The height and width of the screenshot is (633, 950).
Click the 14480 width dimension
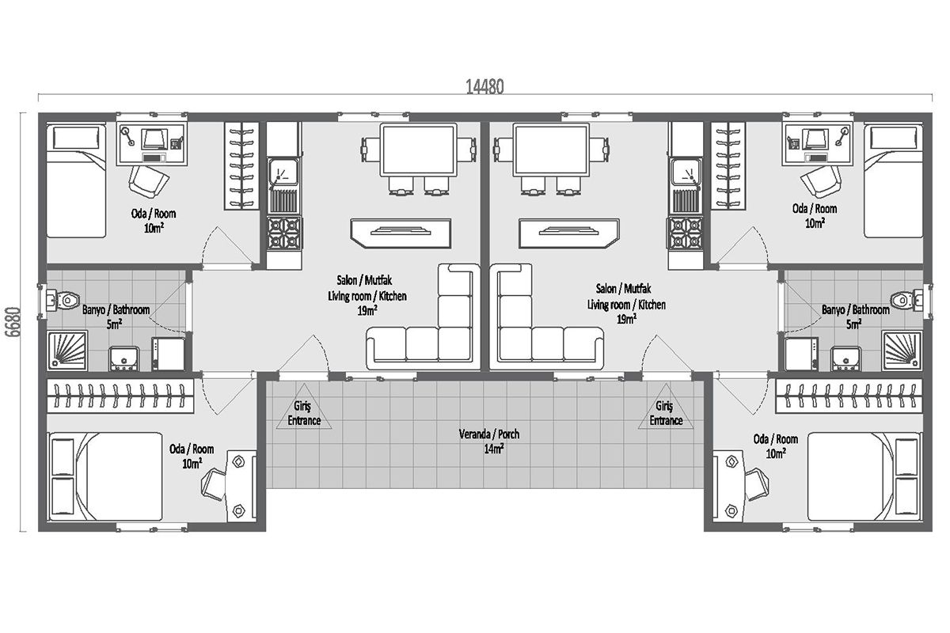click(x=484, y=87)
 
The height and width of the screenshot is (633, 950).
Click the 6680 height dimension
click(x=13, y=322)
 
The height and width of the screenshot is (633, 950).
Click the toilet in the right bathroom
click(x=906, y=300)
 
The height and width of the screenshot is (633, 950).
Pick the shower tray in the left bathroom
click(x=67, y=351)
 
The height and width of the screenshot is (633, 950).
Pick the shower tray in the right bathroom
click(x=902, y=351)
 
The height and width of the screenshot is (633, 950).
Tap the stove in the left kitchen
click(x=284, y=233)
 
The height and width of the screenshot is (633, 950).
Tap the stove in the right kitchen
click(x=686, y=233)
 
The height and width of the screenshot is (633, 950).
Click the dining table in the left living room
click(x=419, y=150)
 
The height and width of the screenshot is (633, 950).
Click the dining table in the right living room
click(x=551, y=150)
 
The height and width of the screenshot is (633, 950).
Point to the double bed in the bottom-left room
click(x=105, y=476)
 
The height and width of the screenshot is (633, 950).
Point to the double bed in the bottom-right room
click(x=864, y=476)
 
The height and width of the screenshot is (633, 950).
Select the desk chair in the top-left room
click(x=149, y=181)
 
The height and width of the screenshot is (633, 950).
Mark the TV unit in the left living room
click(x=401, y=233)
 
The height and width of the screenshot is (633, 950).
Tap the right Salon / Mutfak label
click(x=623, y=289)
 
